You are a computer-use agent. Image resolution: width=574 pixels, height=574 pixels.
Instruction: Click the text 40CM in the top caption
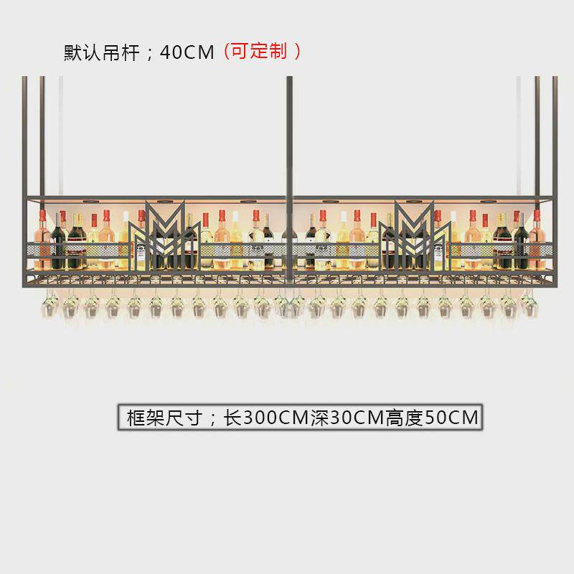pyautogui.click(x=187, y=52)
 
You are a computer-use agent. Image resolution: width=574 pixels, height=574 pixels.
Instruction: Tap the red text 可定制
pyautogui.click(x=259, y=51)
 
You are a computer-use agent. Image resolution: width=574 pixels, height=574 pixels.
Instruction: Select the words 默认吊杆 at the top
pyautogui.click(x=102, y=52)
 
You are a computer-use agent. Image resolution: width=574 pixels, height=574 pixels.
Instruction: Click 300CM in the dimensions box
pyautogui.click(x=276, y=418)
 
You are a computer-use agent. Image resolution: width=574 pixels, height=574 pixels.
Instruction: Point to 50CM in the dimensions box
pyautogui.click(x=451, y=418)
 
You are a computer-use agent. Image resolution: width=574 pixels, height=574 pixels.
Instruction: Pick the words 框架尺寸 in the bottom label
pyautogui.click(x=165, y=418)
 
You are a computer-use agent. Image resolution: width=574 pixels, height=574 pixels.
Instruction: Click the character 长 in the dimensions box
pyautogui.click(x=233, y=418)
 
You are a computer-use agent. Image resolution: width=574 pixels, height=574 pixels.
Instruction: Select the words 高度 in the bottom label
pyautogui.click(x=404, y=418)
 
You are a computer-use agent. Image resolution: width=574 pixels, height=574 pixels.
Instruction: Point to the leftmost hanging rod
pyautogui.click(x=24, y=136)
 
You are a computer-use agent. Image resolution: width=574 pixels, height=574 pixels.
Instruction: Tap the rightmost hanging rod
pyautogui.click(x=555, y=136)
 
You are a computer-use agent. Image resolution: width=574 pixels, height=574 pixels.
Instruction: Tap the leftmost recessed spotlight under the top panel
pyautogui.click(x=90, y=202)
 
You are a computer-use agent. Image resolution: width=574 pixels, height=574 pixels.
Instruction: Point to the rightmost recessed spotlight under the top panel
pyautogui.click(x=488, y=202)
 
